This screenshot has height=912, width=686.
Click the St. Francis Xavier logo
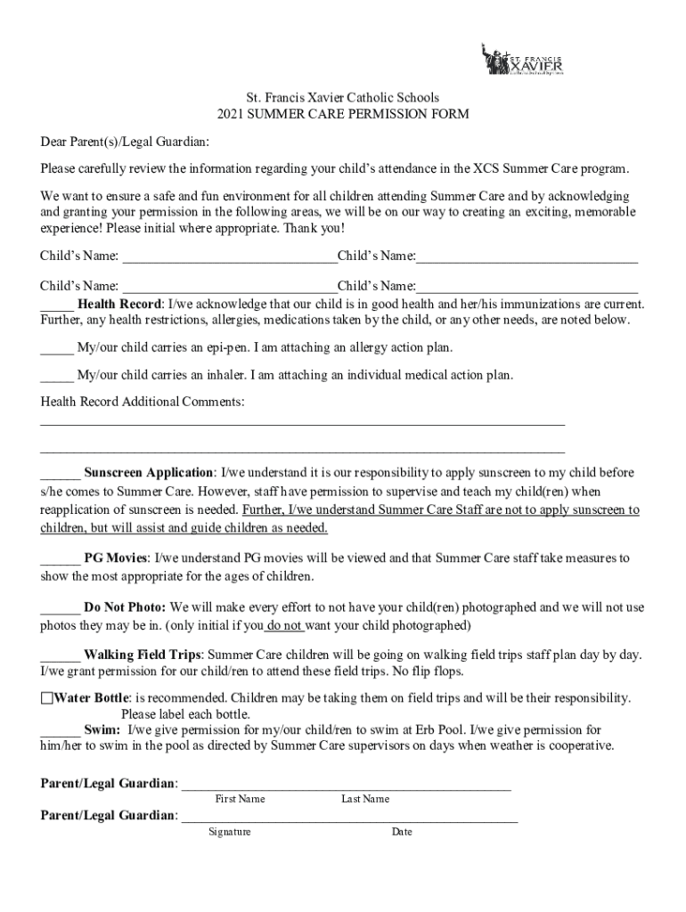(x=522, y=60)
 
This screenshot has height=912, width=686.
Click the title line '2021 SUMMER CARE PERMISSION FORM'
(x=343, y=115)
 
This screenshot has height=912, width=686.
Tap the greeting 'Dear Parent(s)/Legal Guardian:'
(x=125, y=142)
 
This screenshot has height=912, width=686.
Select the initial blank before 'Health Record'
(x=56, y=304)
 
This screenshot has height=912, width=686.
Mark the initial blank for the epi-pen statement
(x=56, y=348)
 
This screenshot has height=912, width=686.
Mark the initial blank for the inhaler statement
(x=56, y=375)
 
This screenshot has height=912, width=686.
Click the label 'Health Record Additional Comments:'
(x=143, y=403)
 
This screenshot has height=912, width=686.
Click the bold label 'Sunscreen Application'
(x=149, y=472)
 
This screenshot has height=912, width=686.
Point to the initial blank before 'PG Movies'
(x=60, y=558)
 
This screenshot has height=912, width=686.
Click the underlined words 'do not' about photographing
(x=285, y=625)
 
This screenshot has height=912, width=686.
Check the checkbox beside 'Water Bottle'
(x=46, y=697)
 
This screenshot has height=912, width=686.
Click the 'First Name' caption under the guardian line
(x=240, y=799)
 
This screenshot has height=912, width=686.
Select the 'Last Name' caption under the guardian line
(x=365, y=799)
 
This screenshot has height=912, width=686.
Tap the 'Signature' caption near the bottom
(x=230, y=832)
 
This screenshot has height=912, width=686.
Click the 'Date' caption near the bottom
(x=401, y=832)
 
